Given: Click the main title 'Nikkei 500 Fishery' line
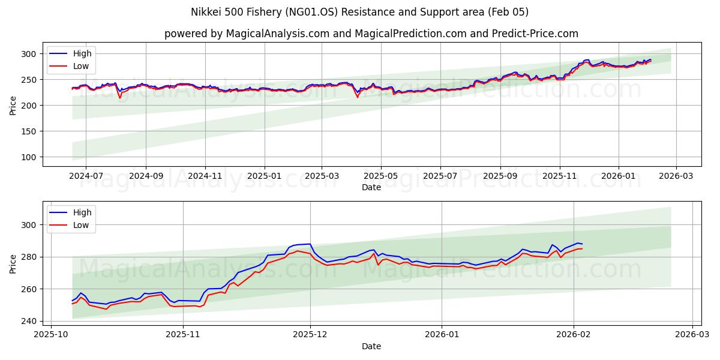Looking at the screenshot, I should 359,12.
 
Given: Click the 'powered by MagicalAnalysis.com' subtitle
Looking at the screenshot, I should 371,34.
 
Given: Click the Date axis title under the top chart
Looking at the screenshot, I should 371,187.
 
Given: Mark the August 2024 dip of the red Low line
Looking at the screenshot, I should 120,97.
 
